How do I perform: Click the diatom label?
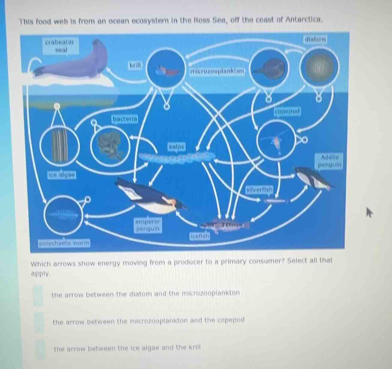click(x=315, y=39)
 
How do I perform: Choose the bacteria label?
click(x=125, y=119)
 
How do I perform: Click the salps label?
click(x=177, y=147)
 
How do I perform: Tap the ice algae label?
click(x=62, y=174)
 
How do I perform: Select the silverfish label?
click(x=260, y=190)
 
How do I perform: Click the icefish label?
click(x=199, y=236)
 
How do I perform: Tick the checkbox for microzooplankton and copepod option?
click(x=39, y=322)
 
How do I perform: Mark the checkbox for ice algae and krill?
click(x=40, y=349)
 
